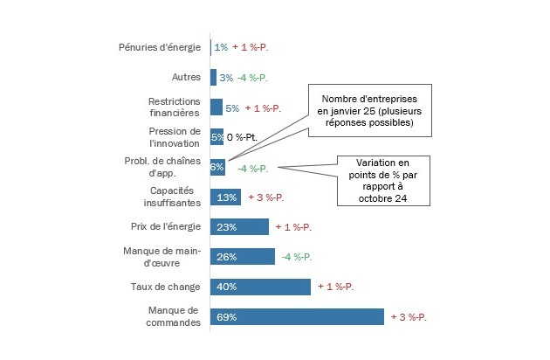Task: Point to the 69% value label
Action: (x=226, y=317)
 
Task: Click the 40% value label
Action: (x=226, y=287)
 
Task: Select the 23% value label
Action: (x=226, y=227)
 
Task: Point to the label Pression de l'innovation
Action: (x=175, y=137)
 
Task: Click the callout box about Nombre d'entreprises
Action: (x=364, y=112)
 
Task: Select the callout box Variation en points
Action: (x=383, y=180)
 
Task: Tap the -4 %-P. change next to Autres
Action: (x=251, y=78)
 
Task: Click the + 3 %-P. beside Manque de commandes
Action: (x=409, y=316)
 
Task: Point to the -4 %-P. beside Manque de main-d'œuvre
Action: (x=296, y=257)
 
